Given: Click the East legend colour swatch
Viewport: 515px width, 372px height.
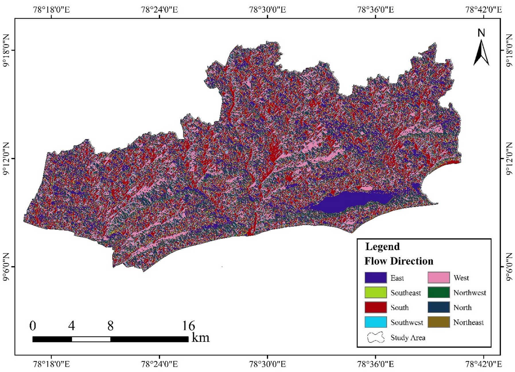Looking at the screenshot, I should tap(375, 278).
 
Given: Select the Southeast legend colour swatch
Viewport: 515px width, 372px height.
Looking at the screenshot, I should tap(375, 292).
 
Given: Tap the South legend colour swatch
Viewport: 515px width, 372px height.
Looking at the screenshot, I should tap(375, 307).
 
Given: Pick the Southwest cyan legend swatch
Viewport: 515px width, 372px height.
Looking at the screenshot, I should tap(375, 322).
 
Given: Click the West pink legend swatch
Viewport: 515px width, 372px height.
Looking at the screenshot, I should tap(438, 278).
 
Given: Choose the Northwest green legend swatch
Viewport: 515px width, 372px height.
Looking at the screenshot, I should tap(438, 292).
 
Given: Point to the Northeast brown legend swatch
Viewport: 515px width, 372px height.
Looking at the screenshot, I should tap(438, 322).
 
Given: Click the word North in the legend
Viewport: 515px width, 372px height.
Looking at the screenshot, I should tap(462, 308).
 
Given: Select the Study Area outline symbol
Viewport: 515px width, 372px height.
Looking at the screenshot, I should tap(376, 338).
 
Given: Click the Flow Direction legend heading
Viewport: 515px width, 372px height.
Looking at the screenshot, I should tap(399, 261).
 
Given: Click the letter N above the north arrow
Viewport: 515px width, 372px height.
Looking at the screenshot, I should tap(481, 33).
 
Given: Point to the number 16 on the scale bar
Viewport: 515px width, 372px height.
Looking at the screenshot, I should tap(188, 326).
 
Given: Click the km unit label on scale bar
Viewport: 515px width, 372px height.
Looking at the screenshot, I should tap(200, 338).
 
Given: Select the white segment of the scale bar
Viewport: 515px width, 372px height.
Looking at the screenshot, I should tap(91, 339).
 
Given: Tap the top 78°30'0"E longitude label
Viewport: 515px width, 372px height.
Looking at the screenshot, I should tap(267, 9).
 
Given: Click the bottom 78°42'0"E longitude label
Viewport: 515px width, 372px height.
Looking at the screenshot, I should tap(483, 364).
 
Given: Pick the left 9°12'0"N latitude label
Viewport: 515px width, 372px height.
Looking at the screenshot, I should tap(6, 159).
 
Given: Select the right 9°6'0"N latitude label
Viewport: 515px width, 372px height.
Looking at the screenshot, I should tap(509, 267).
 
